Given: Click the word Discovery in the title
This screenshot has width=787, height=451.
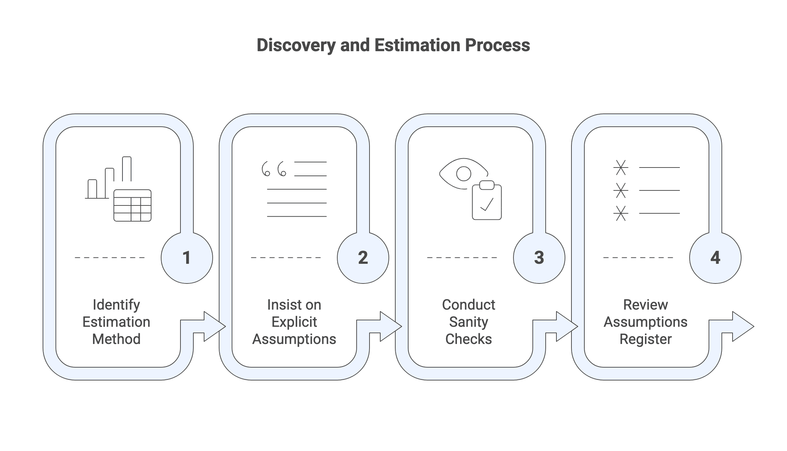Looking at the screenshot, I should point(296,45).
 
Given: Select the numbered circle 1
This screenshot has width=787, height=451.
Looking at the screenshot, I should point(187,258).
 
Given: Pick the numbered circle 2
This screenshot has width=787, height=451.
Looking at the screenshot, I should point(363,258).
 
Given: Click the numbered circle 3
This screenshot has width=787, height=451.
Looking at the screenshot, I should point(539,258).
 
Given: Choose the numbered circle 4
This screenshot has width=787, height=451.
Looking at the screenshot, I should point(715,258).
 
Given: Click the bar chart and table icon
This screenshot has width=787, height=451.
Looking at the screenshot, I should point(118,189).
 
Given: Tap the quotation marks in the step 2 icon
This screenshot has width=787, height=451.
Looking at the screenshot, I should point(274,169).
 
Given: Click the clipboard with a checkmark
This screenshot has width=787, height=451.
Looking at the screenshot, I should point(487,201).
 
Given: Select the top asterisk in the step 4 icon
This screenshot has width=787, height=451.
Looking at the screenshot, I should point(621,168).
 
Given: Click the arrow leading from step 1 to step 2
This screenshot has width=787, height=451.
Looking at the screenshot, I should point(211,326).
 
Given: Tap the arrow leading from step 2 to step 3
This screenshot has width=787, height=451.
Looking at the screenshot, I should point(387,326).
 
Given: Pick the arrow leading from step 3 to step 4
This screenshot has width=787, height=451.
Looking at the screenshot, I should point(564,326).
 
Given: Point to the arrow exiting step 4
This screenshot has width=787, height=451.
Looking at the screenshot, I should point(740,326).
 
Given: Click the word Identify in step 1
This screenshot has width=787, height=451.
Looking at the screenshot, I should point(116,305).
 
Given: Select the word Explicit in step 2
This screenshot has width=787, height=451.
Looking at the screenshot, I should point(294,322).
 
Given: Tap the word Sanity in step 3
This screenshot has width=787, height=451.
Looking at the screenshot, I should point(468,322).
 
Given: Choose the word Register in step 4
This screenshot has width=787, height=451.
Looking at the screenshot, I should point(646,339).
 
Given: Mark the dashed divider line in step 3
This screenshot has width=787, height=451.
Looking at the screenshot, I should point(462,257).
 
